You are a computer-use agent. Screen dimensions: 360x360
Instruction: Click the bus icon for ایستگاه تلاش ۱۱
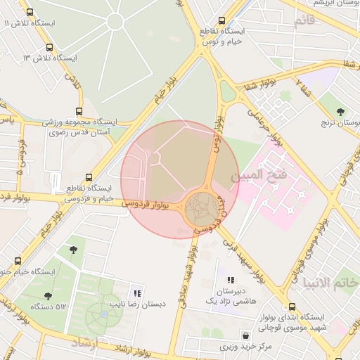[x=30, y=12]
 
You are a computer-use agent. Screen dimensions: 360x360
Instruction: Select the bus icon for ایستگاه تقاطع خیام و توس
[x=223, y=20]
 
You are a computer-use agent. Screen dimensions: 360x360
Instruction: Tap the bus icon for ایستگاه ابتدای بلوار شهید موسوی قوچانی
[x=293, y=306]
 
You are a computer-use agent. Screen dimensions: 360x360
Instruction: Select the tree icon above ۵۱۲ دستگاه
[x=48, y=296]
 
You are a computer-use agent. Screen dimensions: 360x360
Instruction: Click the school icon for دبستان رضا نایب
[x=137, y=292]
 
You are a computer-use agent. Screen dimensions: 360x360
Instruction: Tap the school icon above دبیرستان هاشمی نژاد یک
[x=231, y=280]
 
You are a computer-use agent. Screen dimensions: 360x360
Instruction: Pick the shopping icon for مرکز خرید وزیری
[x=245, y=335]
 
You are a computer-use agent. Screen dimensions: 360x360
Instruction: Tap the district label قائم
[x=304, y=20]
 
